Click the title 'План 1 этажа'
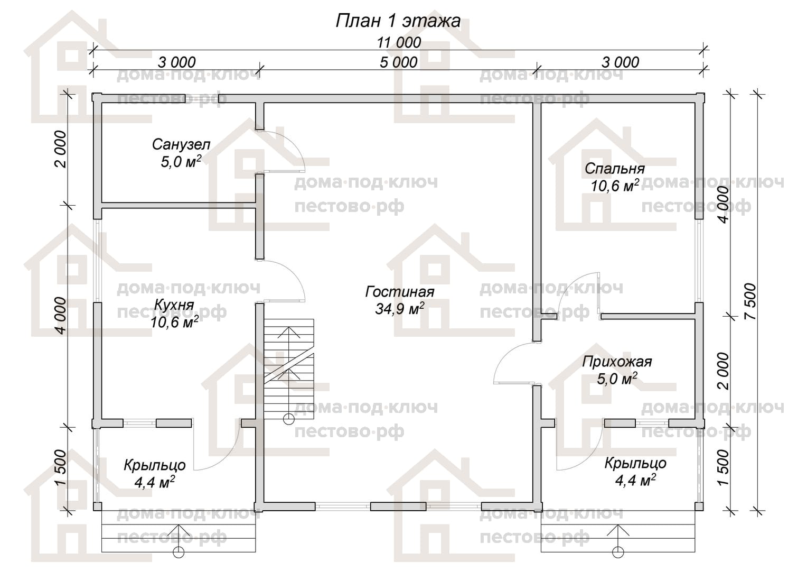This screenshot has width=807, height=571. (398, 21)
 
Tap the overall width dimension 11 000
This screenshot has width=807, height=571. (399, 43)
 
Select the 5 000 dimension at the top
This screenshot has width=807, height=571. (398, 62)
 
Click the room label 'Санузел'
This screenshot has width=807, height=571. (181, 145)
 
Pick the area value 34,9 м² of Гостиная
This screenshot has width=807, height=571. (399, 309)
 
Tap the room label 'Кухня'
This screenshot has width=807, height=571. (174, 306)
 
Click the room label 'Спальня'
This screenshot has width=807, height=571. (615, 169)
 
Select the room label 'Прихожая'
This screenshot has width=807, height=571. (617, 362)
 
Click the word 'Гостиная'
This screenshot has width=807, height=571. (399, 292)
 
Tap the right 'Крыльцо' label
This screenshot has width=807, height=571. (635, 463)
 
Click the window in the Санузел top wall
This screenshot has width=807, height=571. (201, 98)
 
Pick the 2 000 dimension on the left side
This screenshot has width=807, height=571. (61, 149)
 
